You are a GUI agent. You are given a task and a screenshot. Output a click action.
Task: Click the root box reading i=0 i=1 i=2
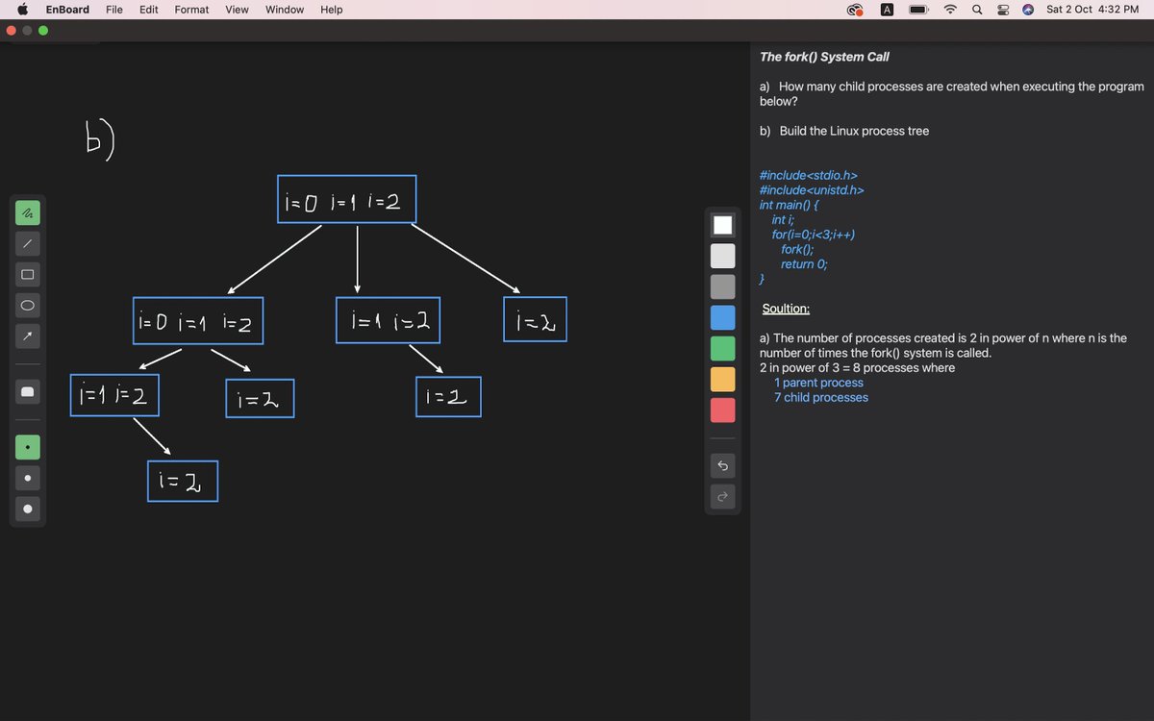click(x=346, y=199)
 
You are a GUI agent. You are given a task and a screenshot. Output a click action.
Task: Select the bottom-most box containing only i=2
click(x=183, y=481)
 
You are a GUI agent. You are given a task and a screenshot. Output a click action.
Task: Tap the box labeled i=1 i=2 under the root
click(x=389, y=320)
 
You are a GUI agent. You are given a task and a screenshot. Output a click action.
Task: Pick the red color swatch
click(x=722, y=410)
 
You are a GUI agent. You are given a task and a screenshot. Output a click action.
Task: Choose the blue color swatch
click(x=722, y=317)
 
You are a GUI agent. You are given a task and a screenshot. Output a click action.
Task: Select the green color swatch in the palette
click(x=722, y=348)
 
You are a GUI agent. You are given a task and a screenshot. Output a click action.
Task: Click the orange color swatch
click(x=722, y=380)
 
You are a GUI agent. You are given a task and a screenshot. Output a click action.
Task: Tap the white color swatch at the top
click(x=722, y=225)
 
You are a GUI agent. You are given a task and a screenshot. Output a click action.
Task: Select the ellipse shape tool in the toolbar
click(x=28, y=305)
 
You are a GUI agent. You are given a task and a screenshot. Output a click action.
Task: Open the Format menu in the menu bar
click(x=191, y=10)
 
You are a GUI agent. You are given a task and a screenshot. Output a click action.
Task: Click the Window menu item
click(x=285, y=10)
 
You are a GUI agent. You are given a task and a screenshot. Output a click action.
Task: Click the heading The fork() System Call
click(x=824, y=57)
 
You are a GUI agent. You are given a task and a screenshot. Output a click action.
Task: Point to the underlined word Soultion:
click(x=786, y=309)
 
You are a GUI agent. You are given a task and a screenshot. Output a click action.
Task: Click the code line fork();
click(x=797, y=249)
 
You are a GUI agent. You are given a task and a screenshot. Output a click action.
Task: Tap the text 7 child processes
click(x=820, y=397)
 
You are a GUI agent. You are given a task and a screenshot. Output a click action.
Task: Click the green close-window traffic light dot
click(x=43, y=30)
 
